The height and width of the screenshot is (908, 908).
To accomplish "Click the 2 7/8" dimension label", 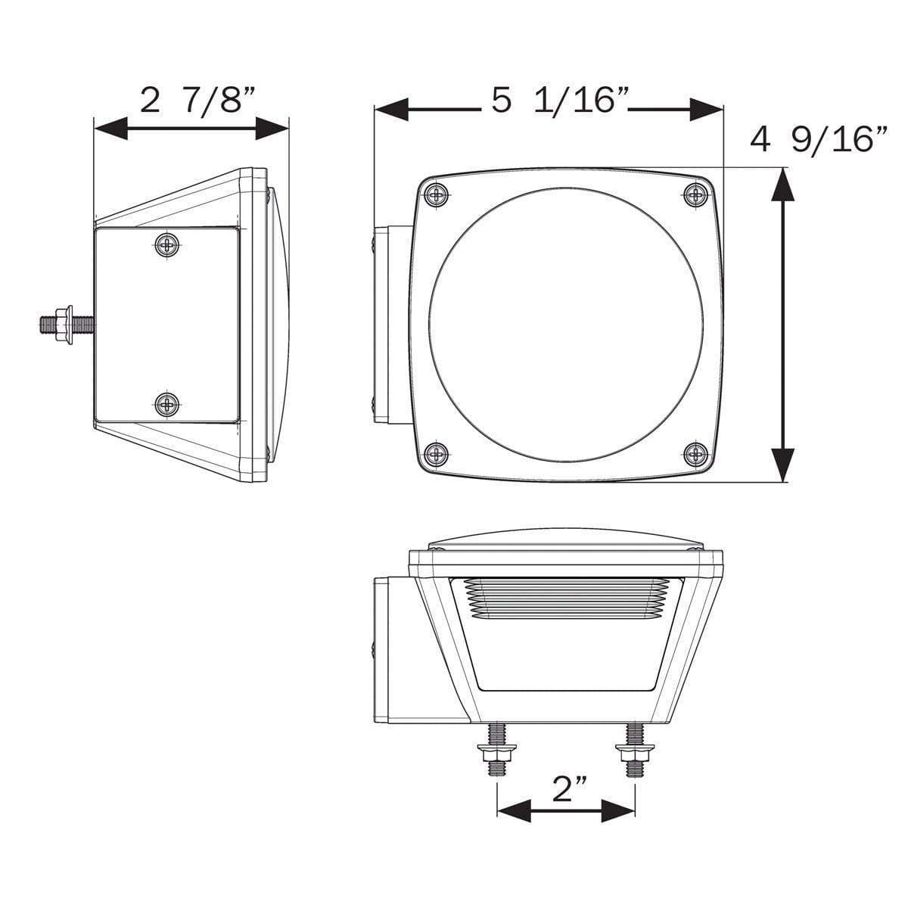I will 198,100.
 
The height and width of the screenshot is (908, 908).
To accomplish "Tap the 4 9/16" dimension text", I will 819,141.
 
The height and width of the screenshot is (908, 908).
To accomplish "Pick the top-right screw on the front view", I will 695,194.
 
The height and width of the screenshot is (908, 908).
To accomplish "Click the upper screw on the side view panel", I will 167,244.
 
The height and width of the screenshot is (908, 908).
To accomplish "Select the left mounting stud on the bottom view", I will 496,748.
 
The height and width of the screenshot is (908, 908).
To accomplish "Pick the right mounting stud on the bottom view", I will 634,748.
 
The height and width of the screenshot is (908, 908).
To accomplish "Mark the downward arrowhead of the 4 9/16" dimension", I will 782,465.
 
